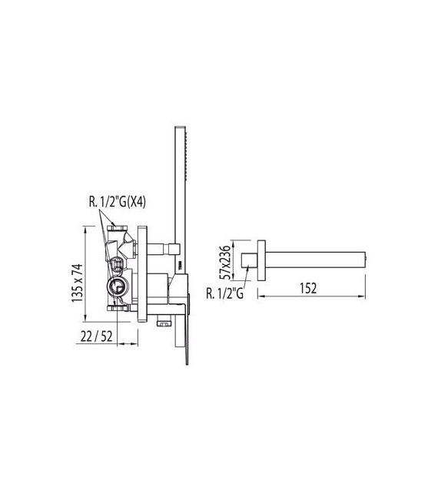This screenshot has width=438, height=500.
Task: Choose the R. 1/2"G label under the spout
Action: tap(226, 291)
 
